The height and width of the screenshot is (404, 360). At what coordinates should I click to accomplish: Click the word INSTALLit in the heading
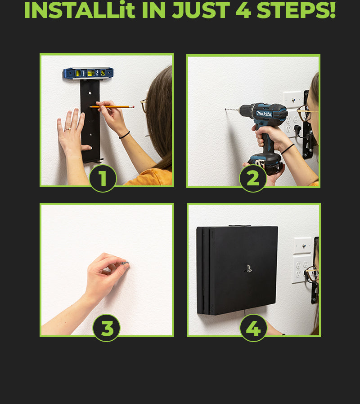pyautogui.click(x=80, y=10)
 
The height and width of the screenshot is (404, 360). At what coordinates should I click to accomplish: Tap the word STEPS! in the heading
pyautogui.click(x=296, y=10)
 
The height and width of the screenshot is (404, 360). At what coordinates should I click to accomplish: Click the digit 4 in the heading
pyautogui.click(x=243, y=10)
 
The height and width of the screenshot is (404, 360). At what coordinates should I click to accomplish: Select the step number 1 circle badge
pyautogui.click(x=103, y=178)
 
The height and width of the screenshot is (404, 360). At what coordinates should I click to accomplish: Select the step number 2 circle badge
pyautogui.click(x=253, y=178)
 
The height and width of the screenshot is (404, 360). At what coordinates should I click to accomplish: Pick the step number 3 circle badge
pyautogui.click(x=106, y=328)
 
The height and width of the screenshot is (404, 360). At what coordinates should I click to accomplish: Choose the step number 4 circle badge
pyautogui.click(x=253, y=328)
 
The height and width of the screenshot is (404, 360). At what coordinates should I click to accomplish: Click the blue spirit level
pyautogui.click(x=88, y=73)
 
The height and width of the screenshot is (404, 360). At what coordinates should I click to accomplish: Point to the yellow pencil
pyautogui.click(x=112, y=106)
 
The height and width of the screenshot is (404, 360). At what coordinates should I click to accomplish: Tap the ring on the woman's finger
pyautogui.click(x=67, y=129)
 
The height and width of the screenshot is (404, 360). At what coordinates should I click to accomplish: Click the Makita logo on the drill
pyautogui.click(x=264, y=114)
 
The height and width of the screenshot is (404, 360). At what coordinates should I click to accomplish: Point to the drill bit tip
pyautogui.click(x=225, y=109)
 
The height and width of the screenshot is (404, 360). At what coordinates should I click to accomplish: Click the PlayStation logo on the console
pyautogui.click(x=248, y=269)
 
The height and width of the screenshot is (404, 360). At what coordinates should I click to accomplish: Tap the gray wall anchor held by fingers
pyautogui.click(x=125, y=263)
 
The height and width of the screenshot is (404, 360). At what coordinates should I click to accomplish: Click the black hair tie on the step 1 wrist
pyautogui.click(x=125, y=135)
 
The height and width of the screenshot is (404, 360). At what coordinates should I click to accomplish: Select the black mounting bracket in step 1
pyautogui.click(x=90, y=121)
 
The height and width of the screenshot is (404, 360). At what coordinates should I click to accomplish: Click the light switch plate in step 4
pyautogui.click(x=303, y=246)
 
